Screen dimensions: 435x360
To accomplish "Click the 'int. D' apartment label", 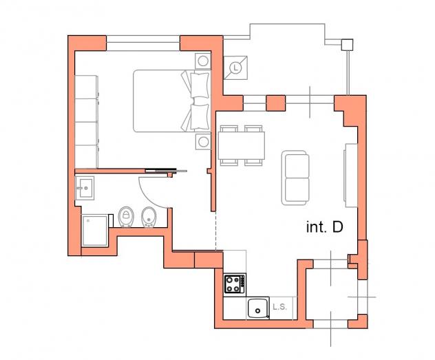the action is pyautogui.click(x=325, y=227).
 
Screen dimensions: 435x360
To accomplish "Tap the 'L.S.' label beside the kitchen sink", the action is pyautogui.click(x=279, y=307).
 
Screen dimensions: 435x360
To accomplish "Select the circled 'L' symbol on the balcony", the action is pyautogui.click(x=235, y=67).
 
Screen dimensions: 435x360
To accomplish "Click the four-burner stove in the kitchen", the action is pyautogui.click(x=235, y=284).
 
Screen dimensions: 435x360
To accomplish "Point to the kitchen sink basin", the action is pyautogui.click(x=258, y=308).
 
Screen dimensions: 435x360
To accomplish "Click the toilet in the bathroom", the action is pyautogui.click(x=126, y=217).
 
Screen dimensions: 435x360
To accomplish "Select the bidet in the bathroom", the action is pyautogui.click(x=149, y=217).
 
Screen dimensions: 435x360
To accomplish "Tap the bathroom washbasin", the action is pyautogui.click(x=85, y=188).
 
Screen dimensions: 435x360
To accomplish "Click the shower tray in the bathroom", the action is pyautogui.click(x=95, y=231).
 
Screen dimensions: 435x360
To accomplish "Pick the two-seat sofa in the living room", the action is pyautogui.click(x=295, y=178).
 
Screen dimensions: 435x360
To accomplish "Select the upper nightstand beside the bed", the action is pyautogui.click(x=203, y=61).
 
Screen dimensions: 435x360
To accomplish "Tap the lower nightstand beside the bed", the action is pyautogui.click(x=203, y=142).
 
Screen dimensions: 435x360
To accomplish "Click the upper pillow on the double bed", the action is pyautogui.click(x=200, y=85).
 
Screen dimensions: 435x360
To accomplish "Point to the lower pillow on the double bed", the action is pyautogui.click(x=200, y=117).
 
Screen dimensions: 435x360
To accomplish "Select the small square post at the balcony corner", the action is pyautogui.click(x=347, y=45).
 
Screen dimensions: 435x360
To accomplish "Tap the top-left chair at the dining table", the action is pyautogui.click(x=229, y=129).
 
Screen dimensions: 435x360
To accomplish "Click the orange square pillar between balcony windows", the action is pyautogui.click(x=276, y=103).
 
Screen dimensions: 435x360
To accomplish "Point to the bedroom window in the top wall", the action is pyautogui.click(x=143, y=43).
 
